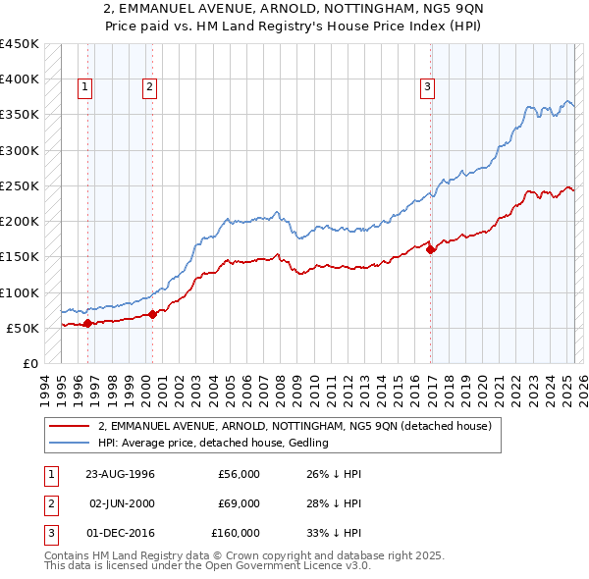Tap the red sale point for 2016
[x=431, y=249]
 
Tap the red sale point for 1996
[x=87, y=323]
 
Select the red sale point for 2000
[x=152, y=314]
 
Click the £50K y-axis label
[x=23, y=328]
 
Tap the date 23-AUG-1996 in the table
[x=121, y=474]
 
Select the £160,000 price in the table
[x=236, y=533]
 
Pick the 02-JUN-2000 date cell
[x=121, y=503]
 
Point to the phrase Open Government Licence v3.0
[x=306, y=566]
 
